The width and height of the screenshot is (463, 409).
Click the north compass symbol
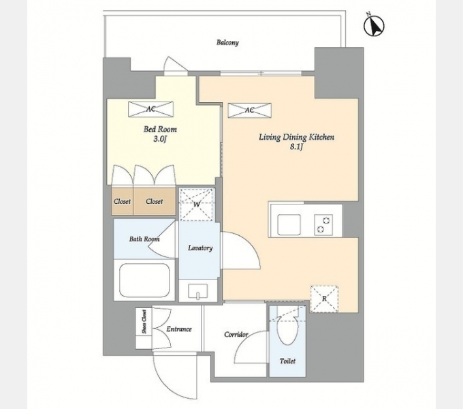(x=374, y=25)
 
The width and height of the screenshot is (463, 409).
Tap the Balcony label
(x=227, y=42)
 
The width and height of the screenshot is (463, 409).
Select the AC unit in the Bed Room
(x=151, y=109)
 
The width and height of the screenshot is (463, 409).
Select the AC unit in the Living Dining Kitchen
(x=249, y=110)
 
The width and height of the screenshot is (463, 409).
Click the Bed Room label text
(x=160, y=129)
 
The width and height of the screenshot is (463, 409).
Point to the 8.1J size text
(x=296, y=147)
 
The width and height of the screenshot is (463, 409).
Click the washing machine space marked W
(x=196, y=204)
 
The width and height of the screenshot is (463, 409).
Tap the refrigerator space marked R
(x=324, y=299)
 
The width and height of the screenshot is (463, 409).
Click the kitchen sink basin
(x=289, y=224)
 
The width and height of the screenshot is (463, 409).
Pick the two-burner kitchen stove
(x=323, y=225)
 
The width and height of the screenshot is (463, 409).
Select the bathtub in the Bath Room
(x=144, y=280)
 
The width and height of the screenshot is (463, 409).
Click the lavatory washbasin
(x=198, y=291)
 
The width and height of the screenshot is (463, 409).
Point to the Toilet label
(x=287, y=361)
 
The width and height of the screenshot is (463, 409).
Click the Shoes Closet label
(x=144, y=322)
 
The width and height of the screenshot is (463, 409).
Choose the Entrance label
(x=179, y=329)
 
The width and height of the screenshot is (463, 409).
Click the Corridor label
(x=236, y=335)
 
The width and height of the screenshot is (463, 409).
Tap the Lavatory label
(x=200, y=248)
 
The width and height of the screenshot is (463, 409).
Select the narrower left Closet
(x=123, y=201)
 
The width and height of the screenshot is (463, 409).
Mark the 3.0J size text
(x=160, y=139)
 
